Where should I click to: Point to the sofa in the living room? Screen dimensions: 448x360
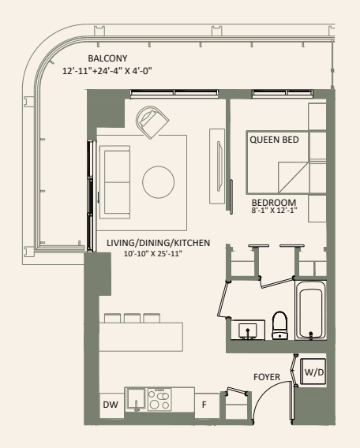pos(118,181)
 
